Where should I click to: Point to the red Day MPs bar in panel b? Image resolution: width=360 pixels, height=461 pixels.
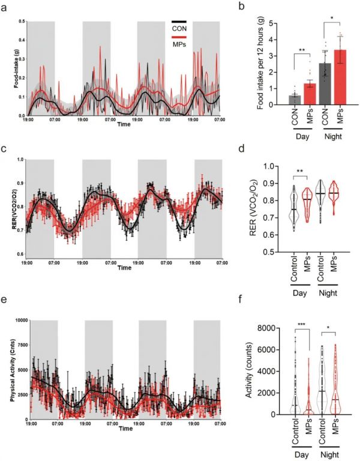tap(293, 94)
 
